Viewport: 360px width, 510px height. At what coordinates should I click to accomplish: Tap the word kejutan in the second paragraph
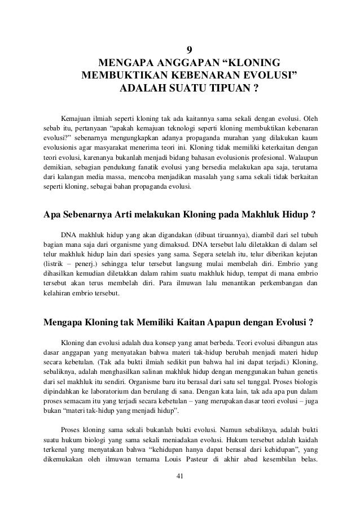coord(304,252)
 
